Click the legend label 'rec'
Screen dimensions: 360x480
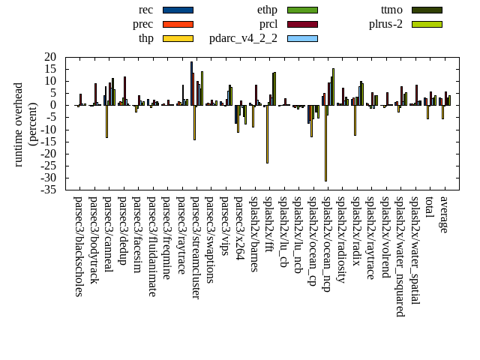(x=146, y=10)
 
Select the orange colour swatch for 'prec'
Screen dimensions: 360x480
(x=178, y=24)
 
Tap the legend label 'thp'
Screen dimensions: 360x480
(x=145, y=38)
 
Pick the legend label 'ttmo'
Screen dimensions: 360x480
(x=391, y=10)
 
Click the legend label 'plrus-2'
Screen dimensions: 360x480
(x=385, y=24)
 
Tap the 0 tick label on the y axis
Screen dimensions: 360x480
(x=54, y=105)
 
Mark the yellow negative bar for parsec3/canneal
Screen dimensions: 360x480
(x=106, y=121)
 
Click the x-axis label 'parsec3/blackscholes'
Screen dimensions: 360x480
(x=78, y=246)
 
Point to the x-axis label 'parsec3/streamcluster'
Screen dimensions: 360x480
(x=195, y=247)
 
